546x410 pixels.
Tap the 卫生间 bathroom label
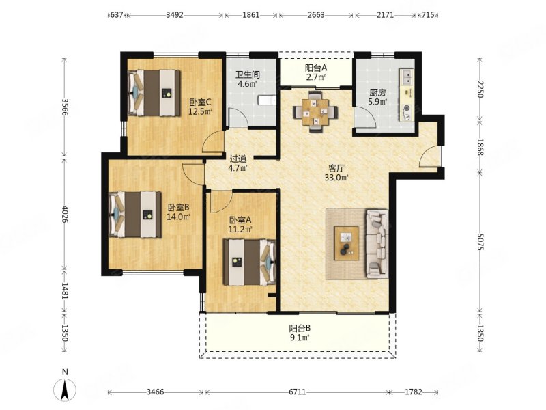[x=248, y=74]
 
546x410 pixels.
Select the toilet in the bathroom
[x=267, y=100]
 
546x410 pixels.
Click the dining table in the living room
[x=315, y=112]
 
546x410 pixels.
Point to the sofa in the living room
[x=377, y=244]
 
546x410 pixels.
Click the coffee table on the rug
[x=347, y=243]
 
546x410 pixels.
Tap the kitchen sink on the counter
[x=406, y=77]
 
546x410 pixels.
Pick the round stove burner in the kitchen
[x=407, y=108]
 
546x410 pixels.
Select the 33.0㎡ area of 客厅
[x=336, y=178]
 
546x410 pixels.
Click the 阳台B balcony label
[x=300, y=328]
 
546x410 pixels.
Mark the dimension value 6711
[x=297, y=392]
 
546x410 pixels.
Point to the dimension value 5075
[x=480, y=242]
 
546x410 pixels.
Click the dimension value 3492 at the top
[x=175, y=14]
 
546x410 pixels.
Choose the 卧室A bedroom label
[x=240, y=220]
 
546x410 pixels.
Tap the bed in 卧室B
[x=135, y=215]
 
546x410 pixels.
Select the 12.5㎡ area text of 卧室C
[x=201, y=111]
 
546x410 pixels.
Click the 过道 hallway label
[x=238, y=159]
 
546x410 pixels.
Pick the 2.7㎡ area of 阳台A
[x=316, y=77]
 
